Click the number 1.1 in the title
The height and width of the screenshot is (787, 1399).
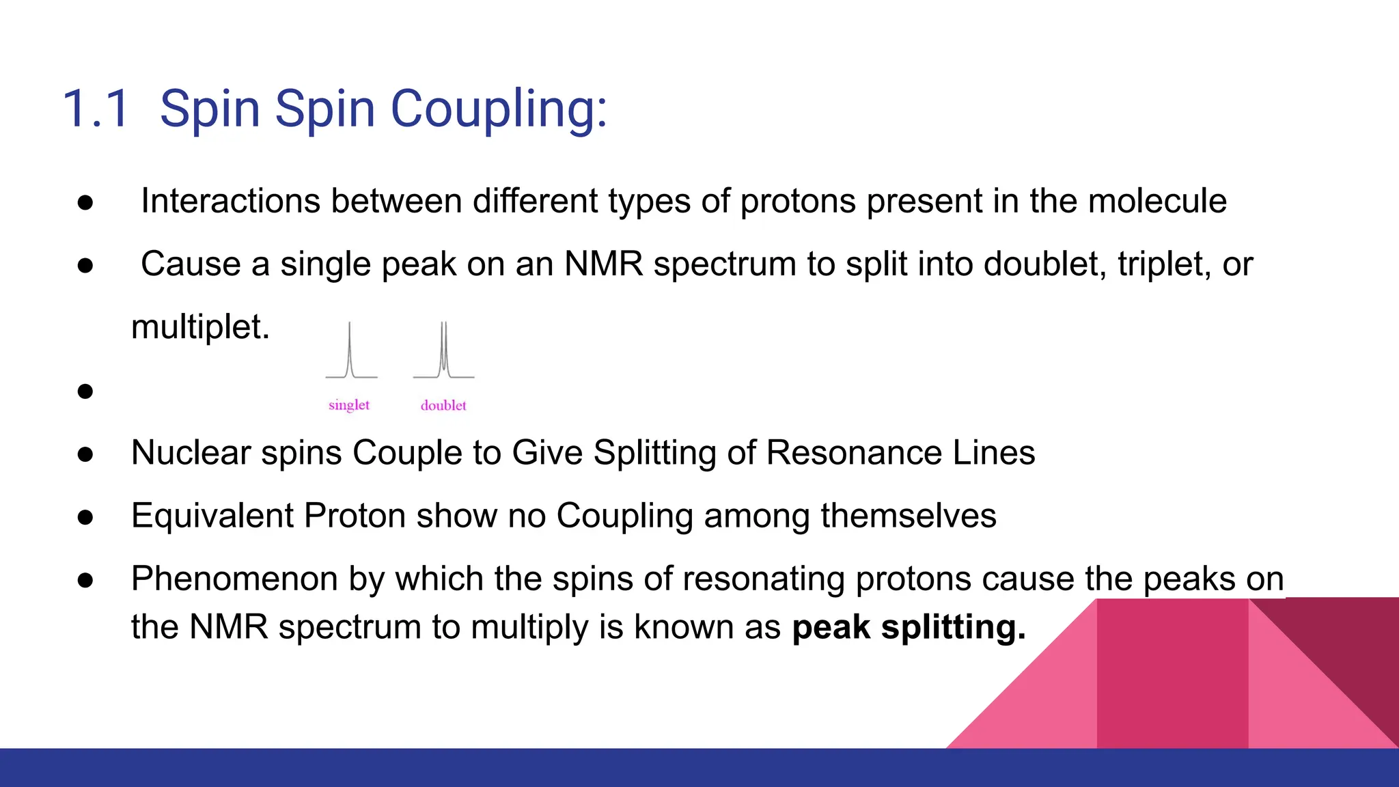96,109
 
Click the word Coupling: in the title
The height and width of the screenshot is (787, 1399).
499,109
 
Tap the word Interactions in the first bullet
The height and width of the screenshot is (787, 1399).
230,202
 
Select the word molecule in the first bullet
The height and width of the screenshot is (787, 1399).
1157,202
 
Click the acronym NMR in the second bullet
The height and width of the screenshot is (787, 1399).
603,264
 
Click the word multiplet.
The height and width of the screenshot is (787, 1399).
200,327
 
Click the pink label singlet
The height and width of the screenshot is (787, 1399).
348,405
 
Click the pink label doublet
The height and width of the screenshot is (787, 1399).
443,406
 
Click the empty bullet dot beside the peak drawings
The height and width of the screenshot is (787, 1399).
85,391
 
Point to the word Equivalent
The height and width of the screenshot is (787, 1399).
212,516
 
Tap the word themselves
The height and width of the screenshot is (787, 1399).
909,516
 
